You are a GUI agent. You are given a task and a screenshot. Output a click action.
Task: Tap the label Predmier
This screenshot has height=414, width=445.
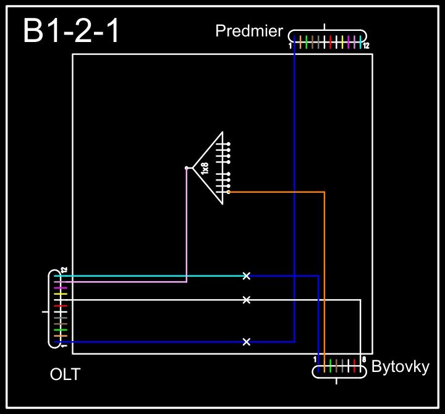(248, 31)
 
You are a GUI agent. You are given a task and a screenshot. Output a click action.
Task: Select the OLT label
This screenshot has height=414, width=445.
(65, 374)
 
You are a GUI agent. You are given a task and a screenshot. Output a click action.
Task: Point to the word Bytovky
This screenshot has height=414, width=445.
(400, 367)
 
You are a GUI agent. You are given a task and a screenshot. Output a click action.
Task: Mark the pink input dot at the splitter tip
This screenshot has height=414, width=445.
(187, 168)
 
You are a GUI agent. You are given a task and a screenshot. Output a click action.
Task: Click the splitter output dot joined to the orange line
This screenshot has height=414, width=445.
(229, 192)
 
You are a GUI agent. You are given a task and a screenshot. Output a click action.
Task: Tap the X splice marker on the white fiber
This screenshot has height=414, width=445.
(247, 300)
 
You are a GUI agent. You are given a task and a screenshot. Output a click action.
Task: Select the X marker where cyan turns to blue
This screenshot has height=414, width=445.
(247, 276)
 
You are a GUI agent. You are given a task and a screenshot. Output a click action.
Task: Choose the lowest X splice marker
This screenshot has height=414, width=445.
(247, 342)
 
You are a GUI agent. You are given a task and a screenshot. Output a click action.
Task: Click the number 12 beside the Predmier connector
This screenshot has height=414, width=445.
(367, 46)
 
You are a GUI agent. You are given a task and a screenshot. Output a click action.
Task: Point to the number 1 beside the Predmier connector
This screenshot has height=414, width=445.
(290, 46)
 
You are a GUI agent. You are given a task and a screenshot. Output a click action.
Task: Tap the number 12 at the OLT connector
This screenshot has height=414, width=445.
(64, 270)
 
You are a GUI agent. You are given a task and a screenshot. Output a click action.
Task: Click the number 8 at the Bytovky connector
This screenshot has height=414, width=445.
(364, 359)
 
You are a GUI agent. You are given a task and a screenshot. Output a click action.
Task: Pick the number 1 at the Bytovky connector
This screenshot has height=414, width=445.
(315, 359)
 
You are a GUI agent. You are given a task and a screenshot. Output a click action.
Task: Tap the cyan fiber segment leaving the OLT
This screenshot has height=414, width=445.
(155, 276)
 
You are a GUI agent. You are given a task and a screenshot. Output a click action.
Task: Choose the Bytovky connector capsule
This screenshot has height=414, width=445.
(339, 371)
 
